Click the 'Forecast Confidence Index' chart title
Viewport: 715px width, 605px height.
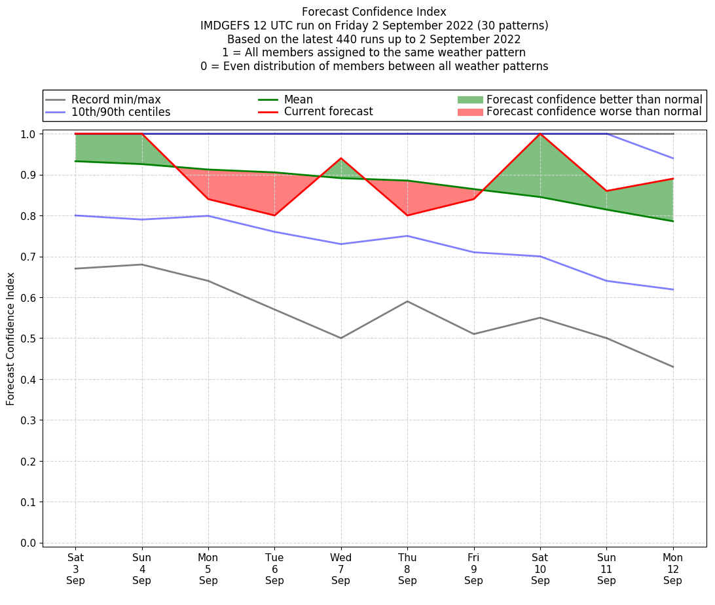click(374, 12)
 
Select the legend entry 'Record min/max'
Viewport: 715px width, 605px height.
click(116, 100)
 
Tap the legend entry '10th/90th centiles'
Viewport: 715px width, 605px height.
click(120, 112)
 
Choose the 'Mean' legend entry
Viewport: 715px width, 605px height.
click(298, 100)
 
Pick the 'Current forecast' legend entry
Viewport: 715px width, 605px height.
click(328, 112)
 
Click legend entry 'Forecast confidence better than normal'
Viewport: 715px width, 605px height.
click(594, 100)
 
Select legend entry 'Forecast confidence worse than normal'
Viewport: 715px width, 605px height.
click(594, 112)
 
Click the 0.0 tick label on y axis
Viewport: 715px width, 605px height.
click(27, 543)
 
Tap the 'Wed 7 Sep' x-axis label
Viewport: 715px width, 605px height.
click(340, 569)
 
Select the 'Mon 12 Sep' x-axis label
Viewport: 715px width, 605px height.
click(672, 569)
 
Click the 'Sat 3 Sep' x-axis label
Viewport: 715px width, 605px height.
click(75, 569)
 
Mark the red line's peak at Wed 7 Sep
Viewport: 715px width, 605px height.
click(340, 158)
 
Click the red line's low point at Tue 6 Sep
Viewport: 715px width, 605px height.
click(274, 215)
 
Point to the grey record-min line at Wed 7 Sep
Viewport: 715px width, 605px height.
click(340, 338)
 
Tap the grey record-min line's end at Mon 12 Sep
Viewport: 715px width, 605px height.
click(672, 367)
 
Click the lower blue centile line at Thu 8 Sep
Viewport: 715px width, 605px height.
click(407, 236)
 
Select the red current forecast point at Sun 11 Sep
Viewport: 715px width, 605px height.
click(606, 191)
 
